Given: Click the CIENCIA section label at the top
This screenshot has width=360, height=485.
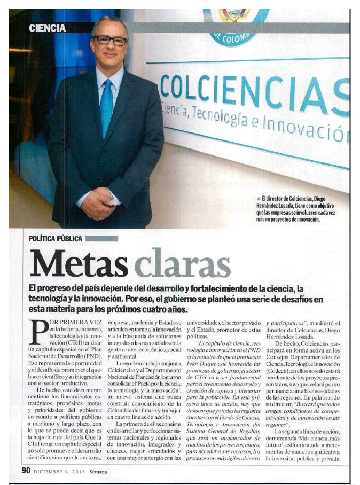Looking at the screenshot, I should click(48, 28).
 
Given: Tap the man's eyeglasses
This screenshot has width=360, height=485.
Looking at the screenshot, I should click(109, 40).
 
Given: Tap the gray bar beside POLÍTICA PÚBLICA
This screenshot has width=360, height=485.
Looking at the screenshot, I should click(101, 238).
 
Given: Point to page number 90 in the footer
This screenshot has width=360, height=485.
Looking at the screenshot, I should click(26, 470).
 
